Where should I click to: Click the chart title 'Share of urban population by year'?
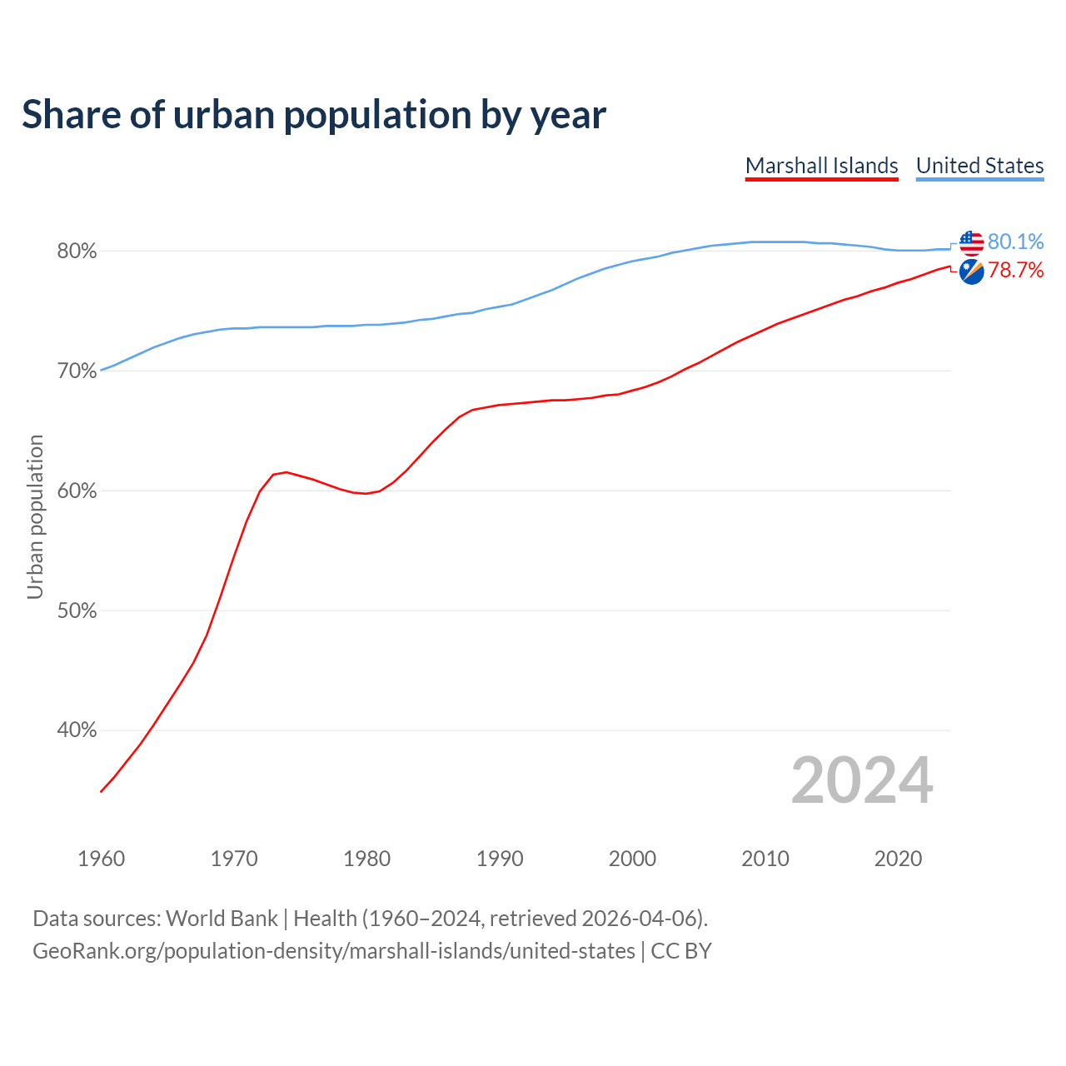coord(314,115)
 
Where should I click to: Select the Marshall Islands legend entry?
coord(821,166)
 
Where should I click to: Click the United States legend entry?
coord(979,166)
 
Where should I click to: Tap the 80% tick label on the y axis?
coord(77,252)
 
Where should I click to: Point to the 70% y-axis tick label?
coord(77,371)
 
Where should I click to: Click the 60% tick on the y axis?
coord(77,491)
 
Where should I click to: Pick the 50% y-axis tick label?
coord(77,611)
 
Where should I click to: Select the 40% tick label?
coord(77,730)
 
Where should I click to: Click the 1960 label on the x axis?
coord(101,859)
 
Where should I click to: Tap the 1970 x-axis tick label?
coord(234,859)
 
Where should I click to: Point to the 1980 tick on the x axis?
coord(366,859)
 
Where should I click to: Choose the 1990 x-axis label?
coord(500,859)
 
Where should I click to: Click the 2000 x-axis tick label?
coord(632,859)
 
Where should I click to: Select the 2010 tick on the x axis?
coord(765,859)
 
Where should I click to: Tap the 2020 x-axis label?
coord(898,859)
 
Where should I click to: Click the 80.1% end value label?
coord(1015,242)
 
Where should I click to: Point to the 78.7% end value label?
coord(1015,270)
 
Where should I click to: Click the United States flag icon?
coord(971,243)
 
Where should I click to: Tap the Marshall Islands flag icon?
coord(971,271)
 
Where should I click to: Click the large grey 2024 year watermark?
coord(862,780)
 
